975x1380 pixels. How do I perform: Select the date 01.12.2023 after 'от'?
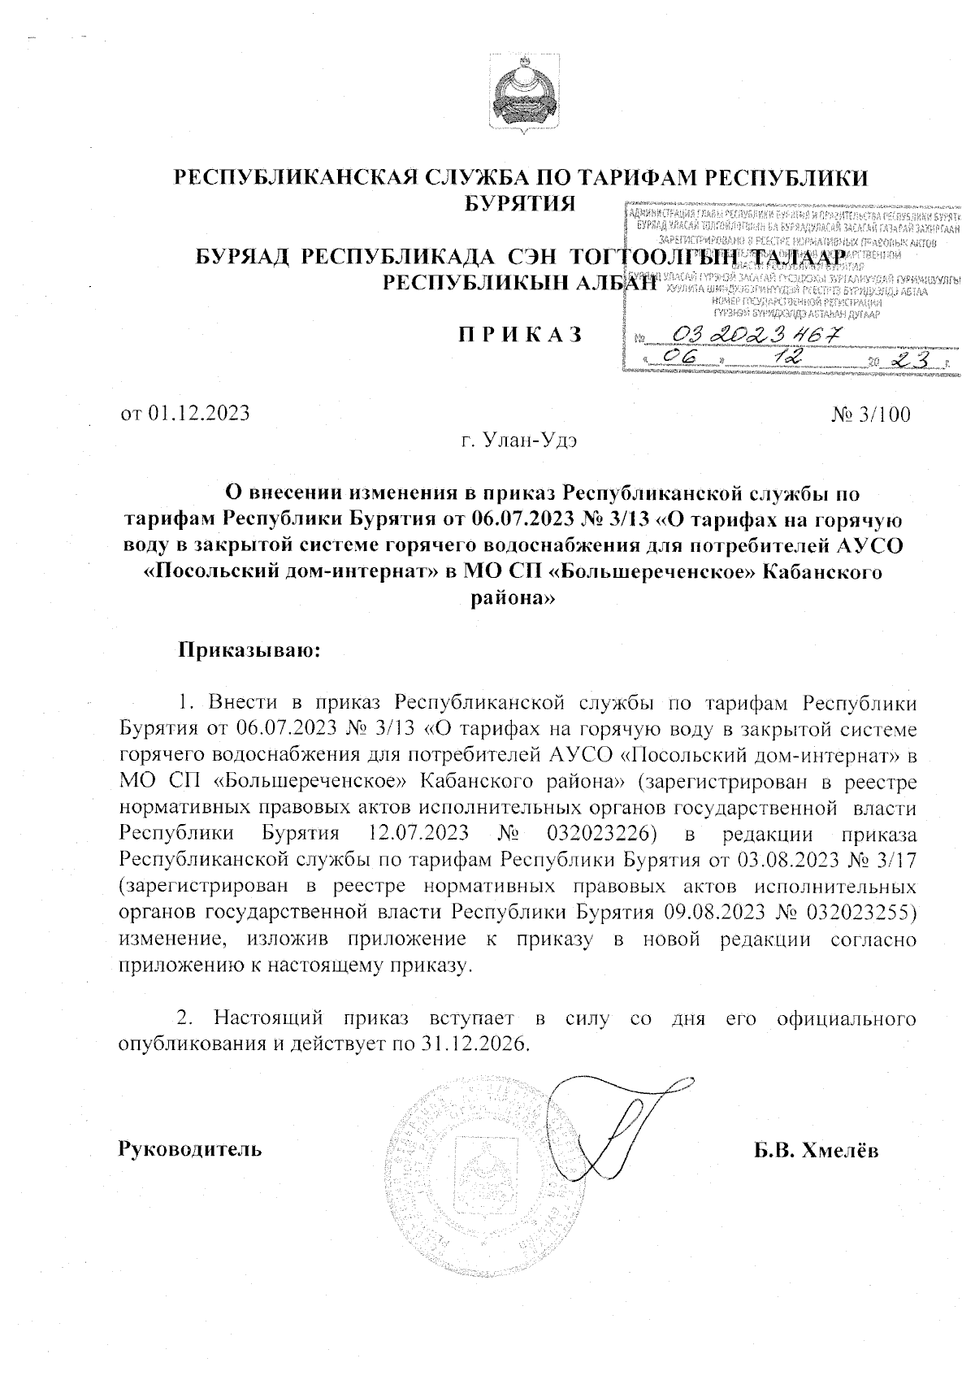pos(200,414)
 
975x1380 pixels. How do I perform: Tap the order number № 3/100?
pos(871,414)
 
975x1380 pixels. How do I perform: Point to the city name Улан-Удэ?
pos(530,441)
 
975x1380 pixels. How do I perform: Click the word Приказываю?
pos(250,651)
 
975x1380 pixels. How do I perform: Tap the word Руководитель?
pos(191,1149)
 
